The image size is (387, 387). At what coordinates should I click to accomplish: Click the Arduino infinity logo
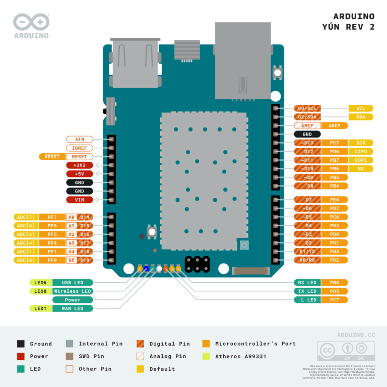(x=31, y=21)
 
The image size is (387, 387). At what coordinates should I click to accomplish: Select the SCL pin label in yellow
(x=360, y=108)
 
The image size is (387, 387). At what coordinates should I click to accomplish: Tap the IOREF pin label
(x=80, y=148)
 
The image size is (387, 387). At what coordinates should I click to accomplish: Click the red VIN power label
(x=80, y=200)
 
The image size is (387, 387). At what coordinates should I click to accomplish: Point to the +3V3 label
(x=80, y=165)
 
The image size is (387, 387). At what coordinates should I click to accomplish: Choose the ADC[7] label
(x=25, y=217)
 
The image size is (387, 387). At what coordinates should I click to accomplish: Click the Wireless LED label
(x=73, y=291)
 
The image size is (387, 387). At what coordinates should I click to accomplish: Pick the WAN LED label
(x=73, y=308)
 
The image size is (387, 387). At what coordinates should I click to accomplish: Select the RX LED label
(x=307, y=283)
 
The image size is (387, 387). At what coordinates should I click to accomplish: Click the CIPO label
(x=360, y=152)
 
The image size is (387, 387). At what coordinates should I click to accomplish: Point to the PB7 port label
(x=334, y=160)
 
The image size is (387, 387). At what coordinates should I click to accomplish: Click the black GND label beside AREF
(x=307, y=135)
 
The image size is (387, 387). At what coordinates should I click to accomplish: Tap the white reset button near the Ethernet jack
(x=277, y=73)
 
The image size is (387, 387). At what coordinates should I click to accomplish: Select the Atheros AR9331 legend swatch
(x=206, y=356)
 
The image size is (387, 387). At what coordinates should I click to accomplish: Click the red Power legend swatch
(x=21, y=356)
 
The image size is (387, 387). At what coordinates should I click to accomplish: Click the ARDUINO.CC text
(x=356, y=335)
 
